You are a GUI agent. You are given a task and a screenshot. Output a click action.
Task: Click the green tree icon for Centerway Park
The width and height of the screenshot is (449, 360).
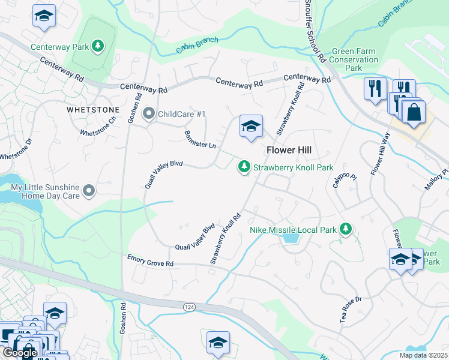(x=97, y=46)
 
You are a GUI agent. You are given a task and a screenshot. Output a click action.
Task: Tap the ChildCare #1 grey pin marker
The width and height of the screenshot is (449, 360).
(x=149, y=113)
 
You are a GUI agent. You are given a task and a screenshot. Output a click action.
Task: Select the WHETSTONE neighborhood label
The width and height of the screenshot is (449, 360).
(x=92, y=110)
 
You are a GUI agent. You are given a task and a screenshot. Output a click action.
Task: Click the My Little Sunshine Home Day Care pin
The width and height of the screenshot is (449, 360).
(x=89, y=191)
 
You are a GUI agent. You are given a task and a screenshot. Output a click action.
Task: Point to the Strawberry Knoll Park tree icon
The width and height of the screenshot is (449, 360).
(x=244, y=167)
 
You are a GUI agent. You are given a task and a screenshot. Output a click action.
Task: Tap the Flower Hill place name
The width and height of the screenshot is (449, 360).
(x=288, y=151)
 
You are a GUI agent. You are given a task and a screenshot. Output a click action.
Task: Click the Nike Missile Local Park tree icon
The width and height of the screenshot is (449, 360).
(x=345, y=229)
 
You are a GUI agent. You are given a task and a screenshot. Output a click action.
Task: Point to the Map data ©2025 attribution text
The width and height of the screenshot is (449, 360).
(x=421, y=355)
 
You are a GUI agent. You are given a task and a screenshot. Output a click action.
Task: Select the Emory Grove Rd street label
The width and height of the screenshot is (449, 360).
(x=150, y=260)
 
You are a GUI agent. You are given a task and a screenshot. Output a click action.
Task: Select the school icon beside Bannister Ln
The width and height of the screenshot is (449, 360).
(x=251, y=127)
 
